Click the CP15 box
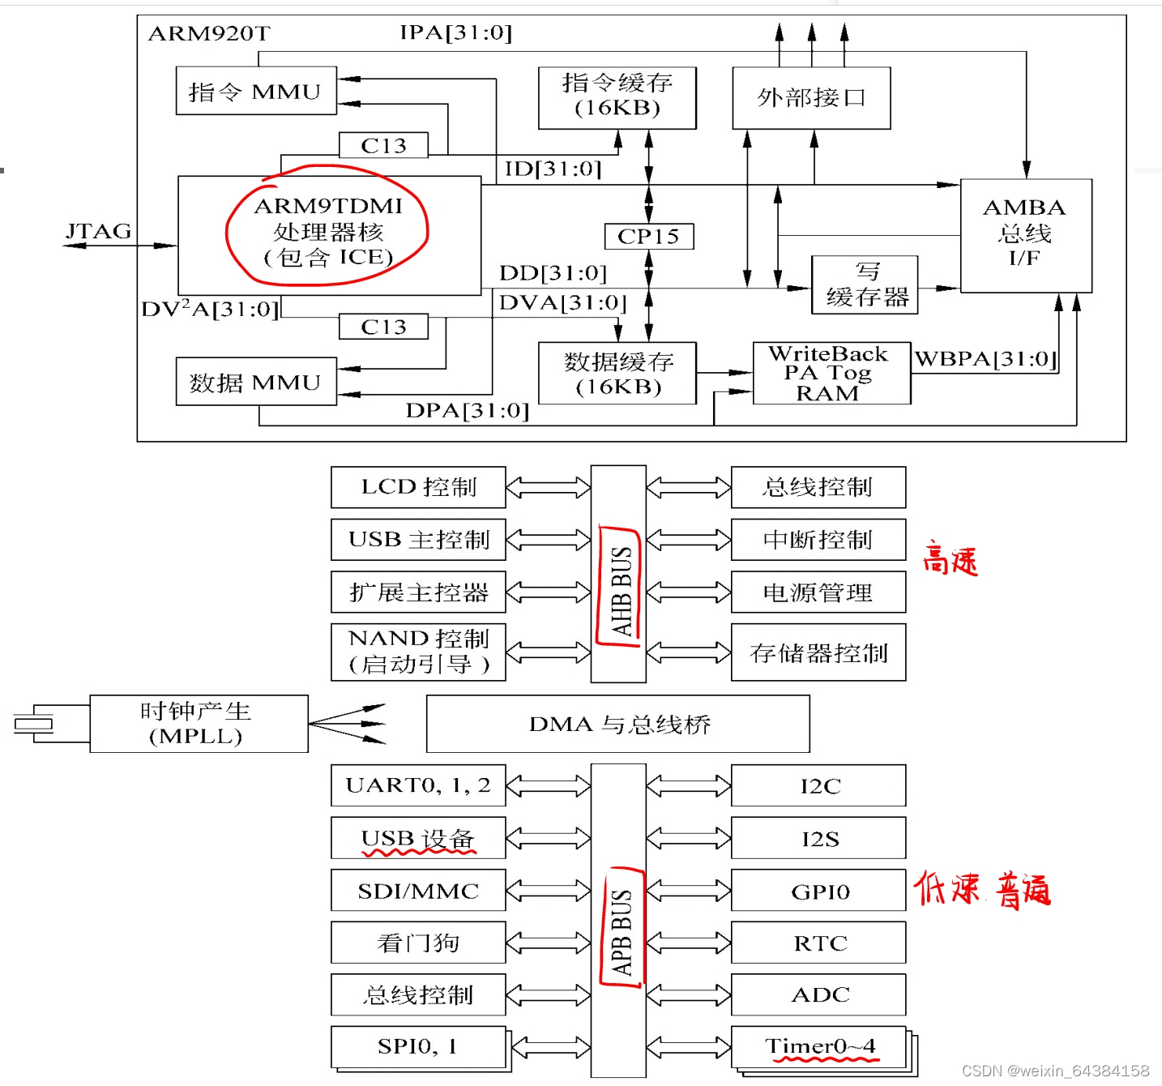(649, 237)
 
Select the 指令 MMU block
(256, 91)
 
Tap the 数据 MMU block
(256, 382)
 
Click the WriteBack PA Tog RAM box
(831, 374)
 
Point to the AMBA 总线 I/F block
(1026, 235)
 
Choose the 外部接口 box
(811, 98)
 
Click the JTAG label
(98, 232)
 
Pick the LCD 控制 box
(418, 487)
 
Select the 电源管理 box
(818, 592)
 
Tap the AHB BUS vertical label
(620, 591)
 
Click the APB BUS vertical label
(621, 932)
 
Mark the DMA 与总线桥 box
(618, 724)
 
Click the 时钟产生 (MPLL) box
(199, 724)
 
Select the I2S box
(818, 839)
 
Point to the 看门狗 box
(418, 943)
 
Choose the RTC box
(818, 943)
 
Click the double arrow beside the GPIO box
(688, 891)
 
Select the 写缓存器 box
(865, 285)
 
